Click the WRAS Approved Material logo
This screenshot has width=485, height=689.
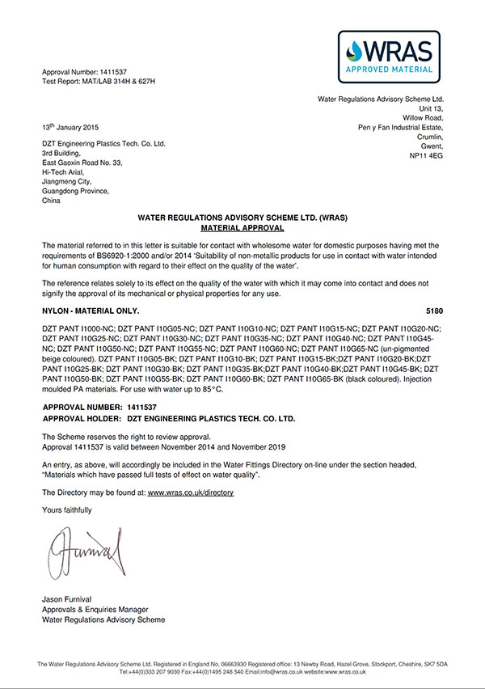[x=388, y=58]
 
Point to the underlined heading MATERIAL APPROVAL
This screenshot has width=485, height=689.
[x=242, y=229]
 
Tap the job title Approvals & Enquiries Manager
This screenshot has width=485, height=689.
[x=93, y=609]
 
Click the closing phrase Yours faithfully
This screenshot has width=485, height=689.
[x=66, y=509]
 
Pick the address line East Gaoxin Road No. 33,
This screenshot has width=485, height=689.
[x=82, y=162]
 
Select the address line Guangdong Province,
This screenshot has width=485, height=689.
[x=74, y=191]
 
